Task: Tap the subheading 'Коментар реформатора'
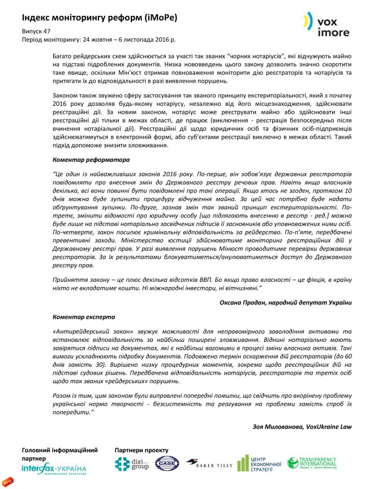(x=84, y=160)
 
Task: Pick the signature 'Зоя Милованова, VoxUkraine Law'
(x=300, y=426)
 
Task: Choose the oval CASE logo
(x=167, y=465)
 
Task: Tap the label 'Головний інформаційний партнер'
(x=59, y=454)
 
